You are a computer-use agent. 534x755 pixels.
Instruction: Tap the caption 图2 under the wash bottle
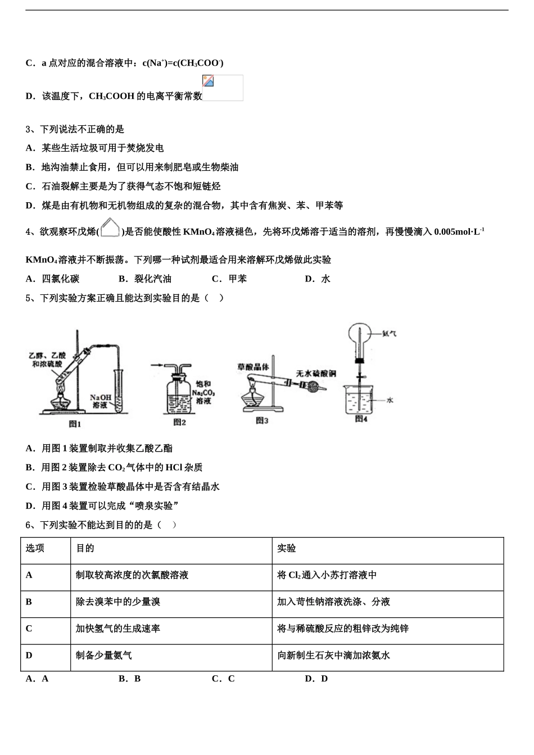pyautogui.click(x=179, y=422)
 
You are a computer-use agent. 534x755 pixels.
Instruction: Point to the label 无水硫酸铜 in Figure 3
pyautogui.click(x=316, y=373)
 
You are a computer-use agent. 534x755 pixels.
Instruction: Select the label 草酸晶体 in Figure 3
pyautogui.click(x=253, y=367)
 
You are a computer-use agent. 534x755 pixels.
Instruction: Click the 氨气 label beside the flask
pyautogui.click(x=389, y=333)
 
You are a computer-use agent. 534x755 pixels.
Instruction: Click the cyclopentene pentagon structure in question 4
pyautogui.click(x=111, y=228)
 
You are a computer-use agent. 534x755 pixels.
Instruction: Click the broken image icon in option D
pyautogui.click(x=209, y=81)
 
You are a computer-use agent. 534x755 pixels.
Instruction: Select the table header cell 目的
pyautogui.click(x=85, y=548)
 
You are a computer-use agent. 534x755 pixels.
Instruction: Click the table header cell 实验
pyautogui.click(x=286, y=548)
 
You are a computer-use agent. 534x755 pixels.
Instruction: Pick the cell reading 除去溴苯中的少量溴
pyautogui.click(x=118, y=602)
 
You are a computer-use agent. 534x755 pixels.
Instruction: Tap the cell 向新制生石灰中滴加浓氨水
pyautogui.click(x=333, y=655)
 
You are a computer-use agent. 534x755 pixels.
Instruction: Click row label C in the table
pyautogui.click(x=29, y=628)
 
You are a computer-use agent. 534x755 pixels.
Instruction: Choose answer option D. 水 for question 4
pyautogui.click(x=318, y=279)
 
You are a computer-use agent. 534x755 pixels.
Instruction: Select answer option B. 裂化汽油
pyautogui.click(x=145, y=279)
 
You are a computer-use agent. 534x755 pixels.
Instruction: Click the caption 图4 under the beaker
pyautogui.click(x=361, y=419)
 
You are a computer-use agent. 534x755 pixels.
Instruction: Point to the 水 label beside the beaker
pyautogui.click(x=390, y=400)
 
